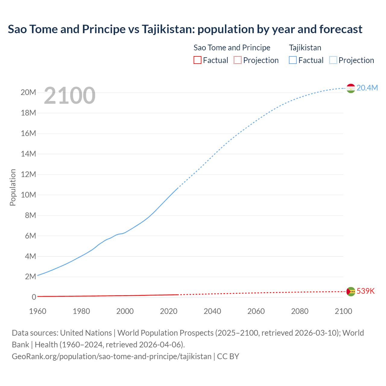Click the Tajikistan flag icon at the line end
click(x=351, y=88)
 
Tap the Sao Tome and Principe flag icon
click(x=351, y=291)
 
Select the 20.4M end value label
click(x=367, y=88)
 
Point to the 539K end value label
click(x=365, y=291)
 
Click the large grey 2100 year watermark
click(x=70, y=96)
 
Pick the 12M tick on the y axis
click(x=28, y=174)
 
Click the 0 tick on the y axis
click(x=34, y=297)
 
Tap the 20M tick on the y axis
click(x=28, y=92)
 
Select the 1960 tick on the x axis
click(x=38, y=311)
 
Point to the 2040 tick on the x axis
click(x=212, y=311)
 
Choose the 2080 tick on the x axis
click(x=300, y=311)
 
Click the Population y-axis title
click(x=13, y=187)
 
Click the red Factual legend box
click(x=198, y=60)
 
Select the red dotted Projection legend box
click(x=238, y=60)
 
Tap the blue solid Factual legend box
click(x=293, y=60)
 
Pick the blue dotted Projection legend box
click(x=333, y=60)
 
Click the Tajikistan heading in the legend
click(x=305, y=48)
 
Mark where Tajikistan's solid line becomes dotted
click(x=178, y=188)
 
